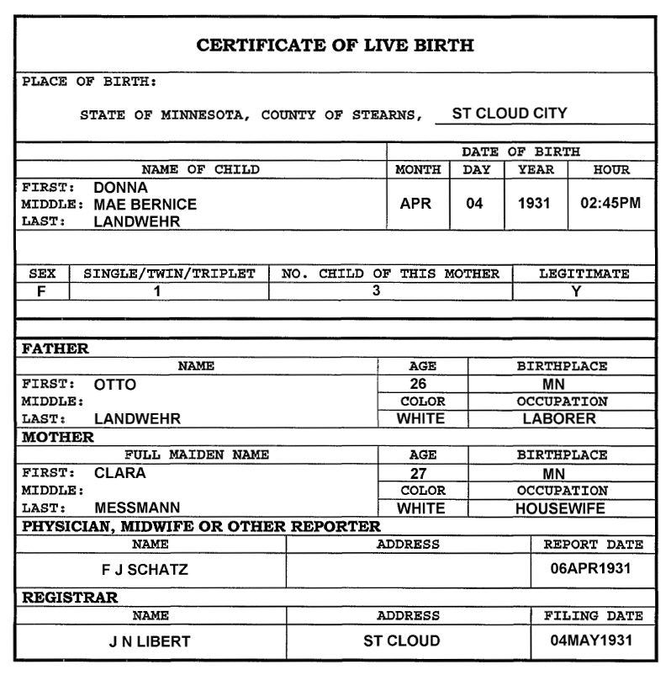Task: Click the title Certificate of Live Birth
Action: click(335, 45)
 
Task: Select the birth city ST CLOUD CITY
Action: click(510, 112)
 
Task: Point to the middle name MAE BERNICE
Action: click(145, 205)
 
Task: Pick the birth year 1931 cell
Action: click(534, 205)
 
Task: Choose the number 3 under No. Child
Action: click(376, 291)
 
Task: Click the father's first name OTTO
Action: click(115, 385)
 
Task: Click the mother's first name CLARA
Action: click(120, 473)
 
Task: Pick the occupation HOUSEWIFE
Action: click(559, 508)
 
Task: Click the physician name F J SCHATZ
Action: click(151, 570)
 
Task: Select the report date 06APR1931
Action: click(590, 570)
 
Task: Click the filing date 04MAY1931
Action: click(590, 641)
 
